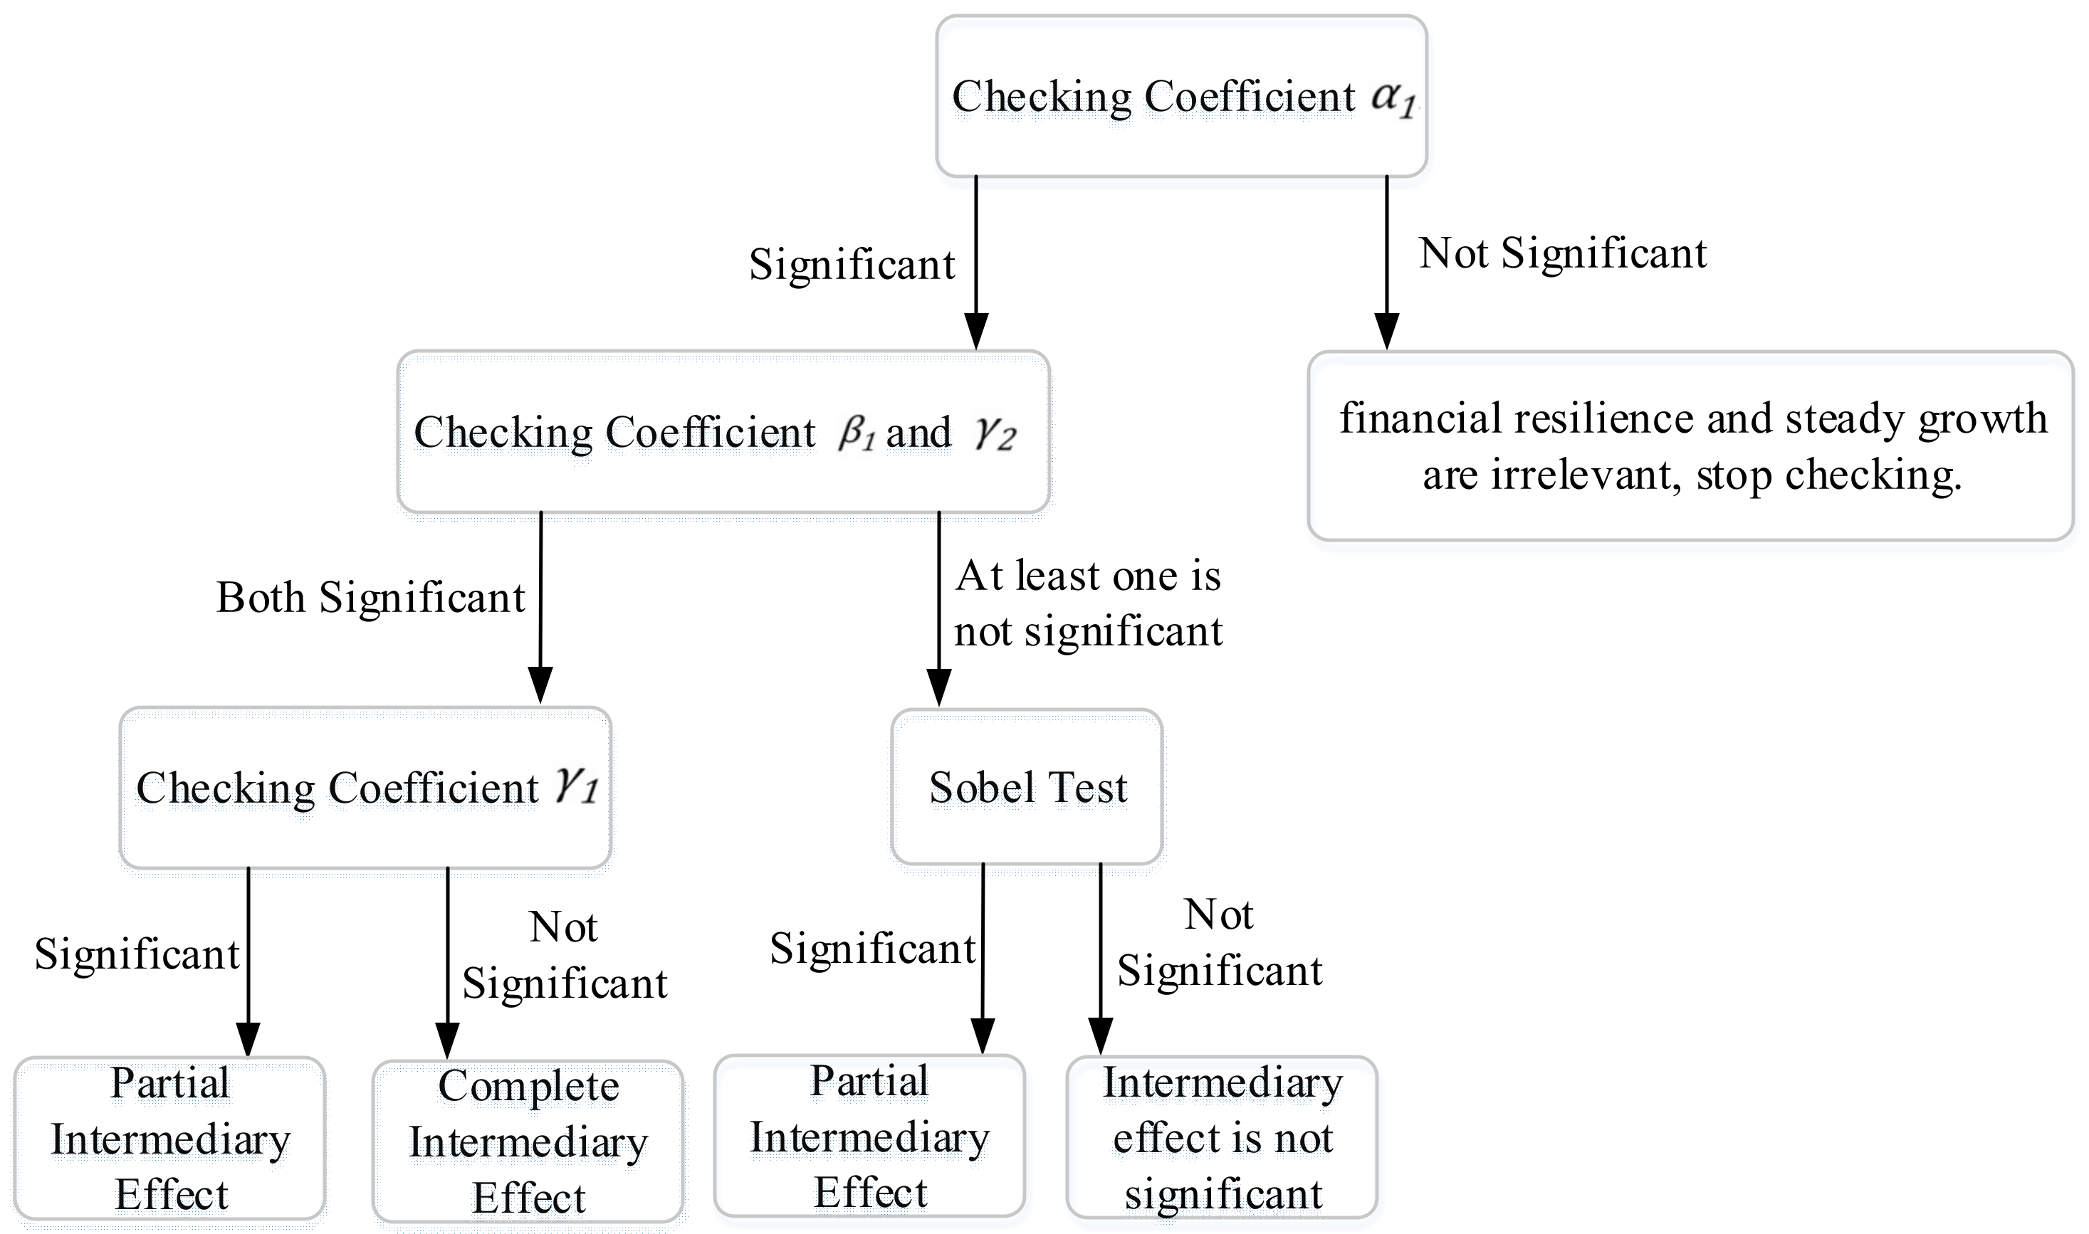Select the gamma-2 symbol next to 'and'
[995, 433]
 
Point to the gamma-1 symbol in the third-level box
[577, 785]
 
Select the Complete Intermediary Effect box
[528, 1141]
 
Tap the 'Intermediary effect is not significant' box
[1222, 1137]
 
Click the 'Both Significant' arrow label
[370, 598]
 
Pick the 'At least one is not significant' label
[1088, 603]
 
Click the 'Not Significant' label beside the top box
[1562, 253]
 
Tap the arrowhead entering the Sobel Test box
[938, 687]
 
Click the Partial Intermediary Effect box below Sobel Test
[869, 1137]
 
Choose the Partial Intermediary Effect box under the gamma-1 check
[169, 1139]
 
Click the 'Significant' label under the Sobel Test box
[872, 949]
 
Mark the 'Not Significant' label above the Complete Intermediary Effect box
[565, 956]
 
